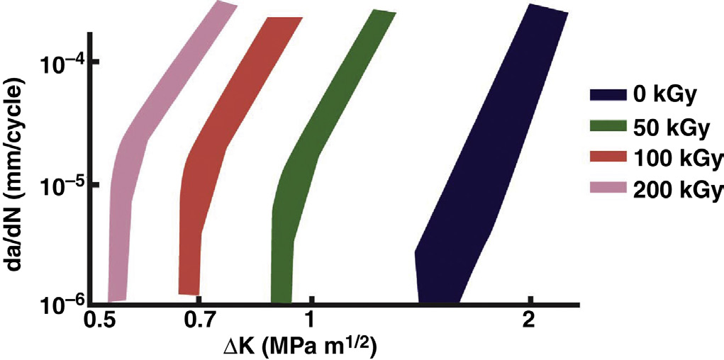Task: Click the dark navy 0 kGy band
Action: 482,177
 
